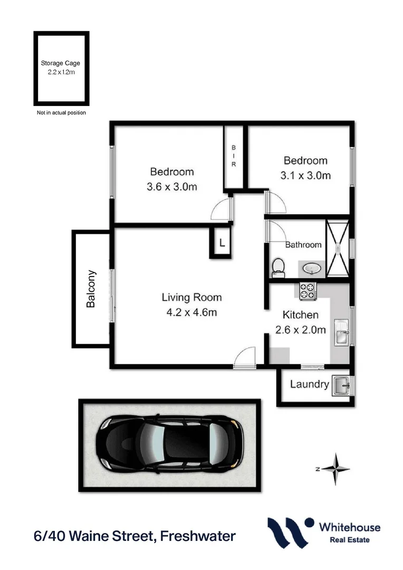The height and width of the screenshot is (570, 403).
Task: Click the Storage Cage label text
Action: (61, 63)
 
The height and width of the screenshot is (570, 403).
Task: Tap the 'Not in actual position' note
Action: (61, 113)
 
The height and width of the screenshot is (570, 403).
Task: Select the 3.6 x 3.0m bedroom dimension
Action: (172, 187)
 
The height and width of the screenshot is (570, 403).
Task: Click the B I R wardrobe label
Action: (234, 157)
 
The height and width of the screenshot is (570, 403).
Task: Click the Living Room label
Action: (191, 298)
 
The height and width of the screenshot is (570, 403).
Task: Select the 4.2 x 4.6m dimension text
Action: (191, 312)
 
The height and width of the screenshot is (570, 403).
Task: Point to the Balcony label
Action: (91, 289)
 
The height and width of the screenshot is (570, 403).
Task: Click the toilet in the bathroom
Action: (277, 268)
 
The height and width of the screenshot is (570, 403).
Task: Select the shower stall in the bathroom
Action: (337, 248)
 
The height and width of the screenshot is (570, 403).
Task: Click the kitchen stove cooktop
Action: (307, 291)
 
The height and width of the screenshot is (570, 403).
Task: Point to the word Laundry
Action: (310, 384)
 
